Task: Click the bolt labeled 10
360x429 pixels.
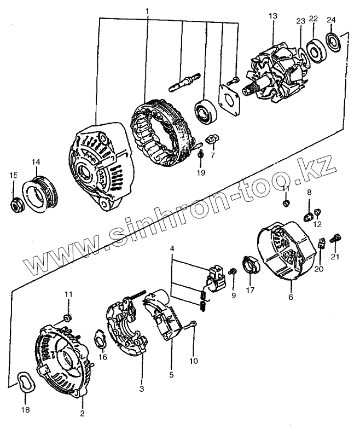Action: coord(192,327)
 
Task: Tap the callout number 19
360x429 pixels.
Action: coord(201,173)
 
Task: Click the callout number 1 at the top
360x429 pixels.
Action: coord(147,10)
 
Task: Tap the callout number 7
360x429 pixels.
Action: coord(212,156)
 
